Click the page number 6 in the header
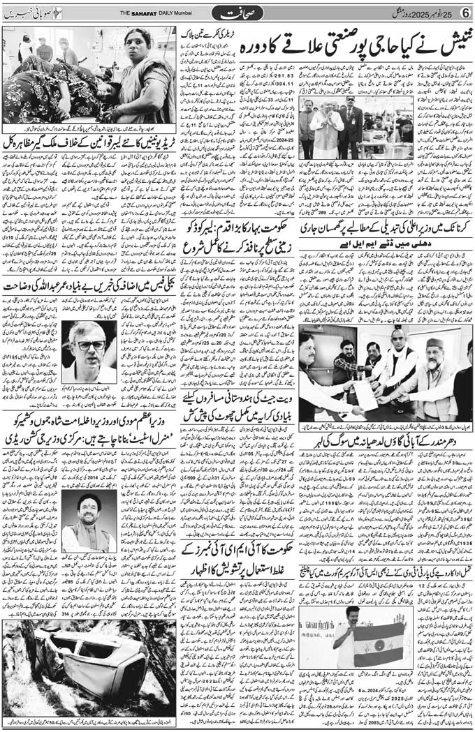(465, 12)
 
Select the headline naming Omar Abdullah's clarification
(89, 285)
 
